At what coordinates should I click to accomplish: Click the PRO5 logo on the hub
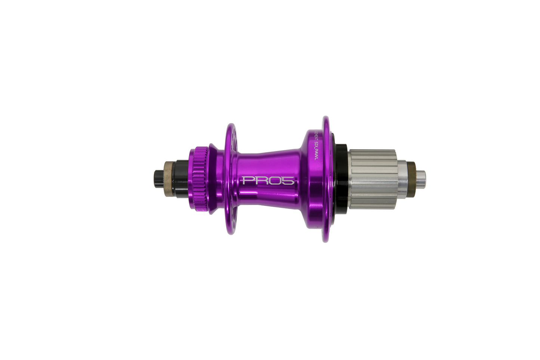(269, 181)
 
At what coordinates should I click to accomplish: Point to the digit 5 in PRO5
(290, 181)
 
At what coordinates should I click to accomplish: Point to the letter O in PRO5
(277, 181)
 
